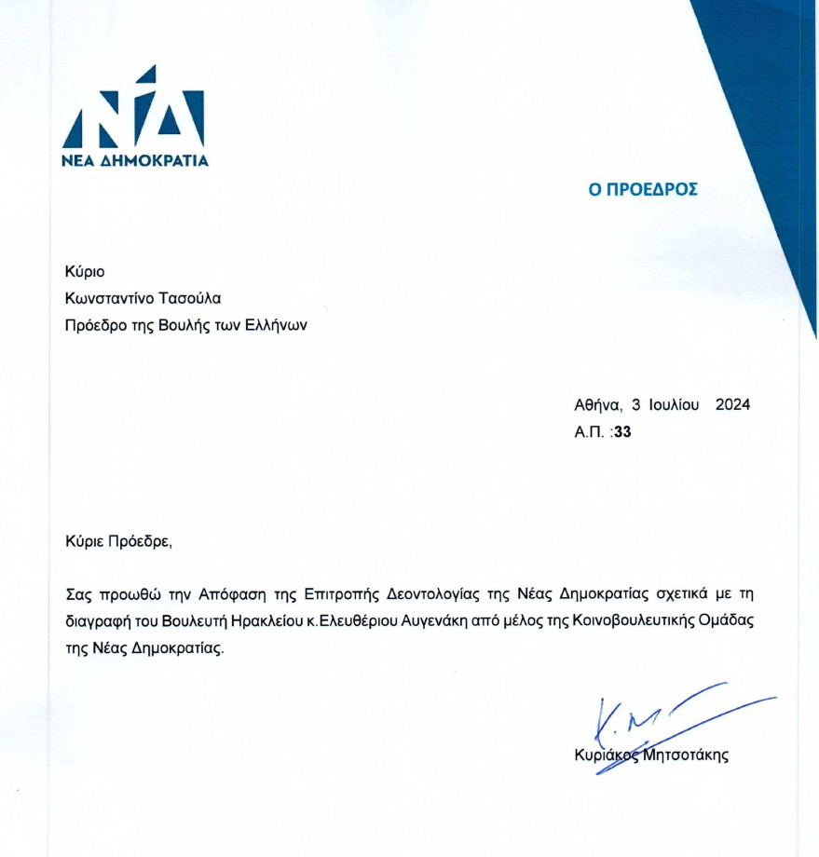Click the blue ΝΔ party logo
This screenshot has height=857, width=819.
pyautogui.click(x=133, y=110)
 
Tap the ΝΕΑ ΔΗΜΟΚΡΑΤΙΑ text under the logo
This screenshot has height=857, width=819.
pyautogui.click(x=135, y=160)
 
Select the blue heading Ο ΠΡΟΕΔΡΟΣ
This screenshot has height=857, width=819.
pyautogui.click(x=642, y=190)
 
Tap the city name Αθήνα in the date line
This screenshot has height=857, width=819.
pyautogui.click(x=597, y=405)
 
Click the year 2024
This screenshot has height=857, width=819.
pyautogui.click(x=732, y=405)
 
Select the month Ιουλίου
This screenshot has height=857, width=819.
pyautogui.click(x=672, y=405)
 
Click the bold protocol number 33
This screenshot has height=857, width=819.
pyautogui.click(x=622, y=432)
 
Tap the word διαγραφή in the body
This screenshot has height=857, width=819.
pyautogui.click(x=99, y=621)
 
